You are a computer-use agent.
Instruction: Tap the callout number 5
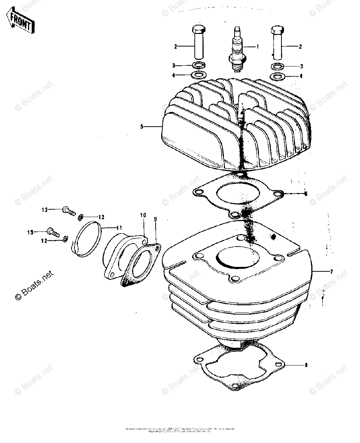(141, 127)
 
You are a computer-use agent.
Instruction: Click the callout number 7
(331, 272)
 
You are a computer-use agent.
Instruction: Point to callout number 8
(305, 365)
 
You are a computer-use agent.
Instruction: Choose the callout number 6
(305, 194)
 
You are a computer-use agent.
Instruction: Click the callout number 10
(143, 215)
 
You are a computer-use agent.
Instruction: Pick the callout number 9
(155, 219)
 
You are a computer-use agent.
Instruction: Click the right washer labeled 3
(277, 66)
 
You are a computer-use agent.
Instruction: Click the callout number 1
(257, 47)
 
